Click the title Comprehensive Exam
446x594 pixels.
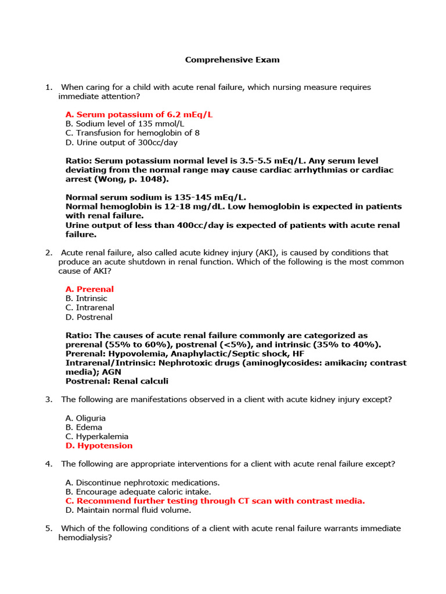tap(232, 60)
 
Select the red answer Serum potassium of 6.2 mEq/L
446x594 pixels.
tap(139, 115)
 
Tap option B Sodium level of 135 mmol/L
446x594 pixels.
tap(125, 124)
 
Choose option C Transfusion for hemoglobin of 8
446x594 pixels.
tap(132, 133)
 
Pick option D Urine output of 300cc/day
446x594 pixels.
tap(122, 143)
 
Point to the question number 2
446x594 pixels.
tap(48, 253)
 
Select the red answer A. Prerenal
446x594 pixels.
tap(90, 289)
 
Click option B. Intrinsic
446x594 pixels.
tap(87, 299)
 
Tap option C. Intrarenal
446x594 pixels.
tap(90, 308)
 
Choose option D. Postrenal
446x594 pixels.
tap(89, 317)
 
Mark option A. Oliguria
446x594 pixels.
tap(86, 418)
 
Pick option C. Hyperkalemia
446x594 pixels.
tap(97, 437)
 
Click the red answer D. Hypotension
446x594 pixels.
tap(99, 446)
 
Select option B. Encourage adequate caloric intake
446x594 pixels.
tap(138, 492)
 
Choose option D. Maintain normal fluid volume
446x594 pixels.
tap(128, 510)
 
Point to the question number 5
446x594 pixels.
tap(48, 529)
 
